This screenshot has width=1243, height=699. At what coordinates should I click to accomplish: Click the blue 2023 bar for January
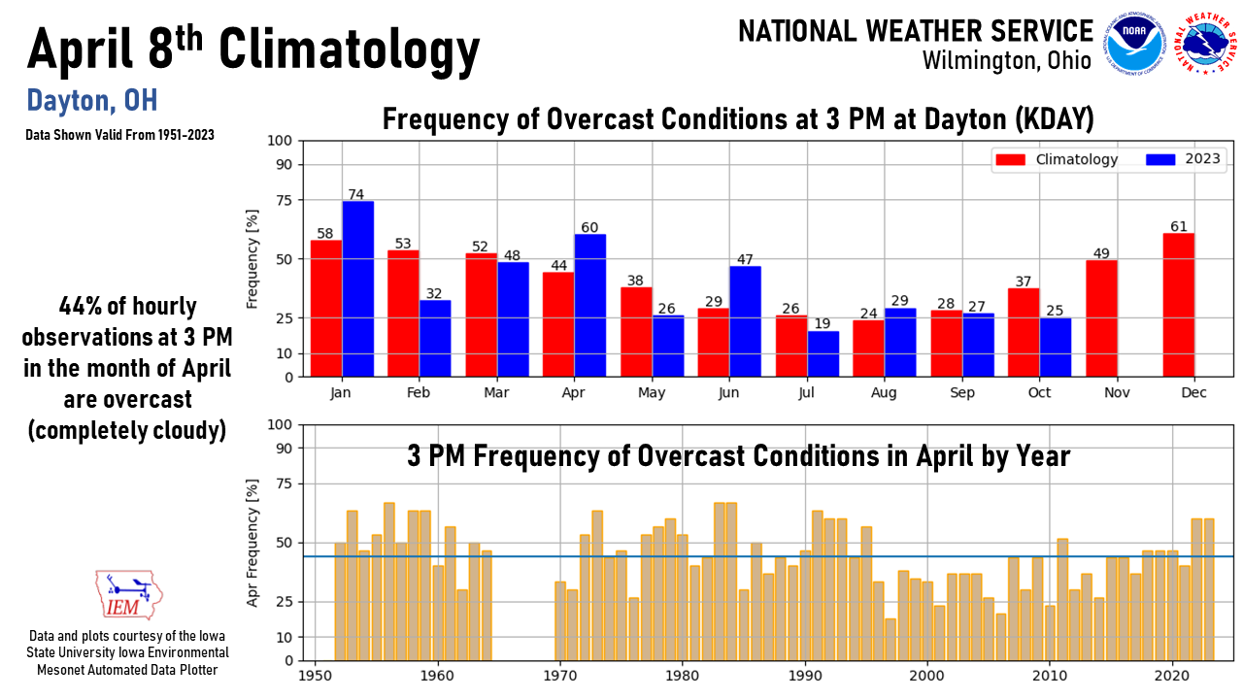coord(357,288)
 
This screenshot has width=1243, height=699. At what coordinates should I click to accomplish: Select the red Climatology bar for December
coord(1178,305)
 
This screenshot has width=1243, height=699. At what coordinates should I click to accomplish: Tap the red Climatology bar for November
coord(1101,318)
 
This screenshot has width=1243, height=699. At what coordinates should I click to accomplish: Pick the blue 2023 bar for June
coord(745,321)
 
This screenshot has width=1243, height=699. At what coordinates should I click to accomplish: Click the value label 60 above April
coord(589,227)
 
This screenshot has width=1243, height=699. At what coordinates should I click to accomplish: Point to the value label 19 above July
coord(823,324)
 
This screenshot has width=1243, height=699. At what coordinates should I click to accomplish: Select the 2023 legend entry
coord(1184,159)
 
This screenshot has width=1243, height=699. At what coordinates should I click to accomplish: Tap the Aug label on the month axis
coord(885,392)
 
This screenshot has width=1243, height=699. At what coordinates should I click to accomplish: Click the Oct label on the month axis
coord(1039,392)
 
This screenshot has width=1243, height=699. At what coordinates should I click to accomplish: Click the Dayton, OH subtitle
coord(92,100)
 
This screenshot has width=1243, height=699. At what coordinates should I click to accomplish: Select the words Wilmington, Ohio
coord(1006,60)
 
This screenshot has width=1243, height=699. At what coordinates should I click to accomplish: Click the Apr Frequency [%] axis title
coord(252,543)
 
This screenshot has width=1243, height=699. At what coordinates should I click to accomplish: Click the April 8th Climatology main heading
coord(253,49)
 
